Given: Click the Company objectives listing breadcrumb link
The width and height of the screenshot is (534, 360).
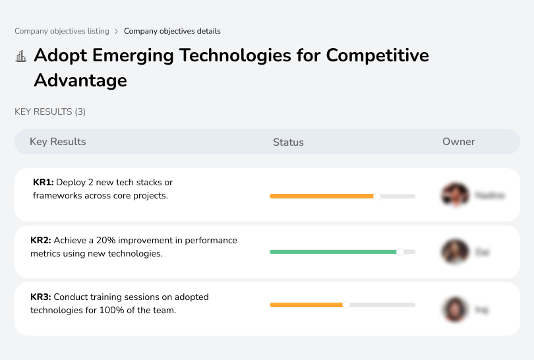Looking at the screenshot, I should click(x=62, y=31).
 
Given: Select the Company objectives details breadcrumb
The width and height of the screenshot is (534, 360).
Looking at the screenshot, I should click(x=172, y=31).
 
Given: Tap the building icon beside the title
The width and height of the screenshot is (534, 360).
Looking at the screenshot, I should click(x=21, y=57).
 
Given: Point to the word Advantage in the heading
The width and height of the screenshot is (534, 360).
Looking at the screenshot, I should click(x=80, y=80).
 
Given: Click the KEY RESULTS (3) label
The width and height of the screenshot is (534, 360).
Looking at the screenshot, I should click(x=50, y=112).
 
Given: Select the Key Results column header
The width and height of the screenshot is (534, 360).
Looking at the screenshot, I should click(x=58, y=142).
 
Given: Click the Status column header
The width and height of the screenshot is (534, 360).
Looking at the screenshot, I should click(x=288, y=142).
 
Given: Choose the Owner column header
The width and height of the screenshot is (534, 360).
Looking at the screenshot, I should click(x=459, y=142).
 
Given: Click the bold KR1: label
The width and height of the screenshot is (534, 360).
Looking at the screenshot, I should click(x=44, y=183).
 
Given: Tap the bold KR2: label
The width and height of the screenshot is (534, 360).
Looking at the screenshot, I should click(x=41, y=241).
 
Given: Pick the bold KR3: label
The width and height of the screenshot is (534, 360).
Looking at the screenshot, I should click(x=41, y=297).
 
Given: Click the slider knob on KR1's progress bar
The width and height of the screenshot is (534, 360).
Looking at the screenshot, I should click(x=377, y=196).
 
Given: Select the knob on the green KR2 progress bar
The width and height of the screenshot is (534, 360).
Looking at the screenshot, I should click(x=400, y=252).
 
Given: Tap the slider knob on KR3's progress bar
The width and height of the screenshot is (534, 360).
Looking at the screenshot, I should click(x=346, y=305).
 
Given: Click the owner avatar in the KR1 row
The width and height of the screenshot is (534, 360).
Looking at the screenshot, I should click(x=454, y=195).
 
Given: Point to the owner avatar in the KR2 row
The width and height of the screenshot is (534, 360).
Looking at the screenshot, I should click(x=454, y=252).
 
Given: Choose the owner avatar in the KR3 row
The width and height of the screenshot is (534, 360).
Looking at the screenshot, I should click(x=454, y=309).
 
